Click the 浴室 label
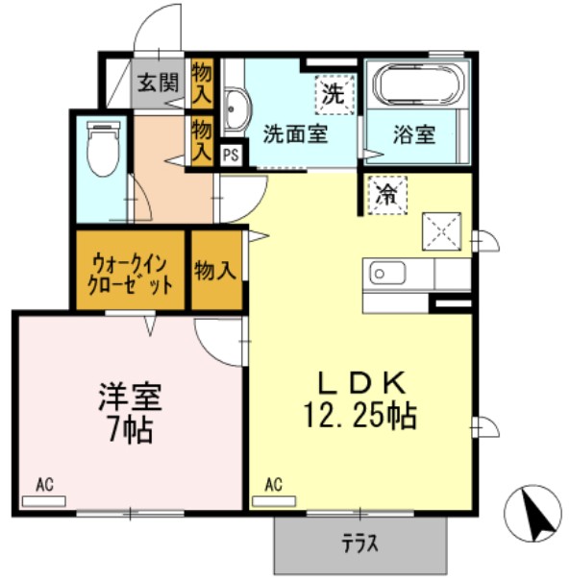[414, 133]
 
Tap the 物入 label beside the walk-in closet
[215, 272]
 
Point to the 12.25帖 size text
[361, 417]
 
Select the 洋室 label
[129, 396]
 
